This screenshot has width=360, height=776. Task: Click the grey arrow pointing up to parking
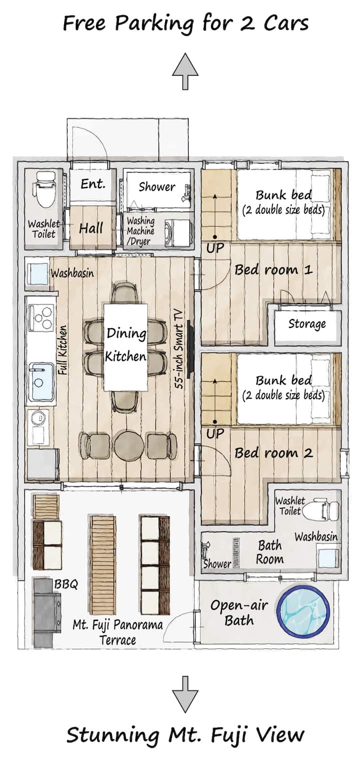(x=185, y=71)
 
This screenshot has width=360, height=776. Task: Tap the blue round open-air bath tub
(x=303, y=611)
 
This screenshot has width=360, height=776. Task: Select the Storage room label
(x=307, y=324)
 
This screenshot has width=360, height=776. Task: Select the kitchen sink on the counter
(x=41, y=381)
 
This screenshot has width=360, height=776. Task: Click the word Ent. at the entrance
(x=93, y=184)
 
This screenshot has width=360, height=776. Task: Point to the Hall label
(x=91, y=228)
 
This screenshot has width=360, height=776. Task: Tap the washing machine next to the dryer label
(x=177, y=233)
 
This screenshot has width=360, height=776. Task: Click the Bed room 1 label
(x=273, y=270)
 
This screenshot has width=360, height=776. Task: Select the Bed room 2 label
(x=273, y=453)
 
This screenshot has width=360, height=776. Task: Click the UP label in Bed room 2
(x=215, y=433)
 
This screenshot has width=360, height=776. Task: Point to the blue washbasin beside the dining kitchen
(x=37, y=274)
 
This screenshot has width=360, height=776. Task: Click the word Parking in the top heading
(x=154, y=24)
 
